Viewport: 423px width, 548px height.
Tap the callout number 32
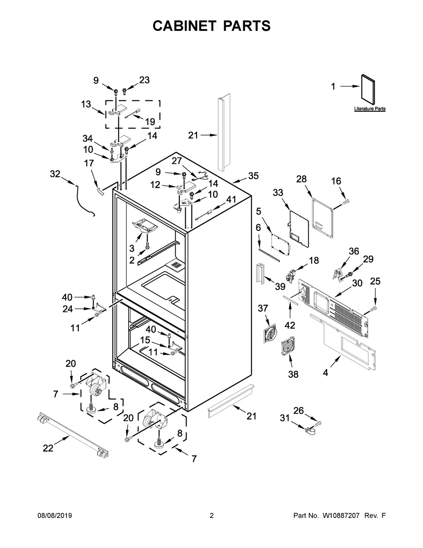coord(55,174)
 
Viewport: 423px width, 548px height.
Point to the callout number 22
coord(48,448)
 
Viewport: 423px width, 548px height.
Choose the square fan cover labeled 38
coord(288,346)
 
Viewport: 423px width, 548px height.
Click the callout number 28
coord(301,179)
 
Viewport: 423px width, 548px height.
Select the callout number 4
coord(325,373)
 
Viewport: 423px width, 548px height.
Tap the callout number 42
coord(290,325)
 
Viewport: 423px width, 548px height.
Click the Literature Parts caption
coord(370,109)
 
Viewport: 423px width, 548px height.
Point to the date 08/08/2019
coord(55,515)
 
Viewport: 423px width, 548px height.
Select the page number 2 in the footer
coord(211,515)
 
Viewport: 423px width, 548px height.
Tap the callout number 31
coord(285,418)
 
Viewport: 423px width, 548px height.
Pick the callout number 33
coord(278,193)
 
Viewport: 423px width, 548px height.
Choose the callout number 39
coord(280,287)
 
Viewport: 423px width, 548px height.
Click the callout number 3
coord(132,248)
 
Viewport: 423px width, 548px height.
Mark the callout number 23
coord(144,80)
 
